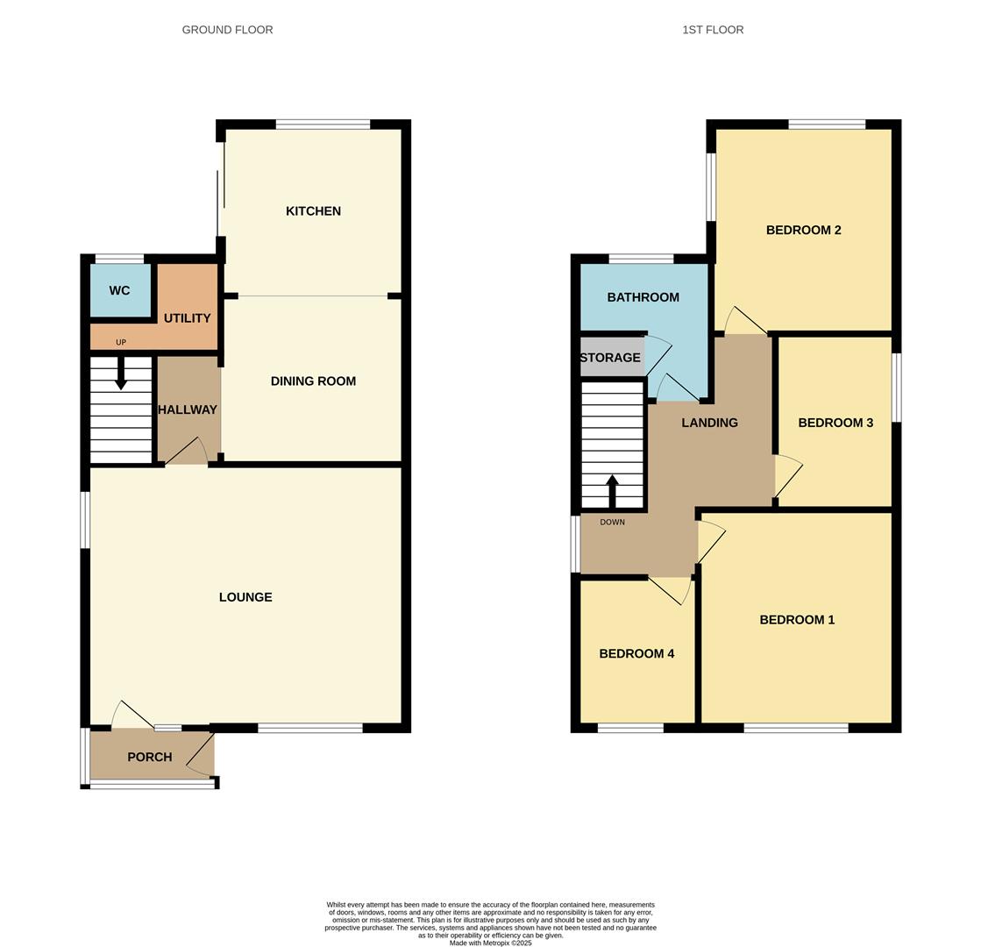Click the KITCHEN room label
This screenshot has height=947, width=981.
(313, 211)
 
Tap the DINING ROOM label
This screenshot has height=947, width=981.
(313, 381)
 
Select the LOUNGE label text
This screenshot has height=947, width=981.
(245, 597)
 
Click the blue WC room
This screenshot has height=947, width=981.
(120, 290)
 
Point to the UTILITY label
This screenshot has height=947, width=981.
(187, 318)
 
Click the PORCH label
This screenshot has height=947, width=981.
(150, 757)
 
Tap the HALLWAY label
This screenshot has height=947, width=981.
(188, 409)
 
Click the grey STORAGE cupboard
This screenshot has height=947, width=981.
(611, 358)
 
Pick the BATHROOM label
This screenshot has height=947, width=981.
(643, 297)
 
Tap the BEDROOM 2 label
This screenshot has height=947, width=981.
(804, 231)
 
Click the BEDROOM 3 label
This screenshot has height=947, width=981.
(835, 423)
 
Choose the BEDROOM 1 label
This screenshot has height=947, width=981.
(797, 620)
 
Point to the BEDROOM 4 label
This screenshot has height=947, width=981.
(636, 653)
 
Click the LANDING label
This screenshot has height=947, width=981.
(709, 423)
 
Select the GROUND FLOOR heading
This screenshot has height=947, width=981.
(227, 30)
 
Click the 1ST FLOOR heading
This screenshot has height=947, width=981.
(713, 30)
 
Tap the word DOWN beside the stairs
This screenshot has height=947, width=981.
(613, 523)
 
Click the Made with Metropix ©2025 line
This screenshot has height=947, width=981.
(490, 943)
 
